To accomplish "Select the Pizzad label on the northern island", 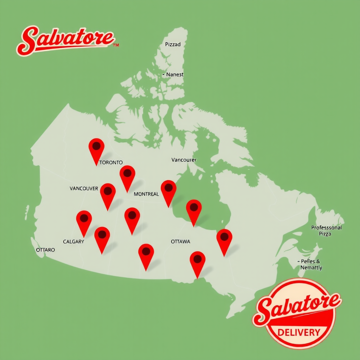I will [x=173, y=45].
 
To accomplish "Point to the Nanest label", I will [x=174, y=75].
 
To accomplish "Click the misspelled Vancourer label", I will [x=184, y=160].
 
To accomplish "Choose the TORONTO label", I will [x=111, y=162].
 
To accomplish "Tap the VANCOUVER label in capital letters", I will [x=84, y=188].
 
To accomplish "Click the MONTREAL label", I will [x=146, y=194].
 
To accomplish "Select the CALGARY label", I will [x=73, y=242].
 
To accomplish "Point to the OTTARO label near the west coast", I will [x=45, y=250].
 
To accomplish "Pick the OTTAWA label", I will [x=180, y=242].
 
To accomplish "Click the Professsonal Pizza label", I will [x=326, y=231].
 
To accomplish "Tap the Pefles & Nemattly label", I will [x=311, y=264].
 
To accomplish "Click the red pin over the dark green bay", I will [x=194, y=209].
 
